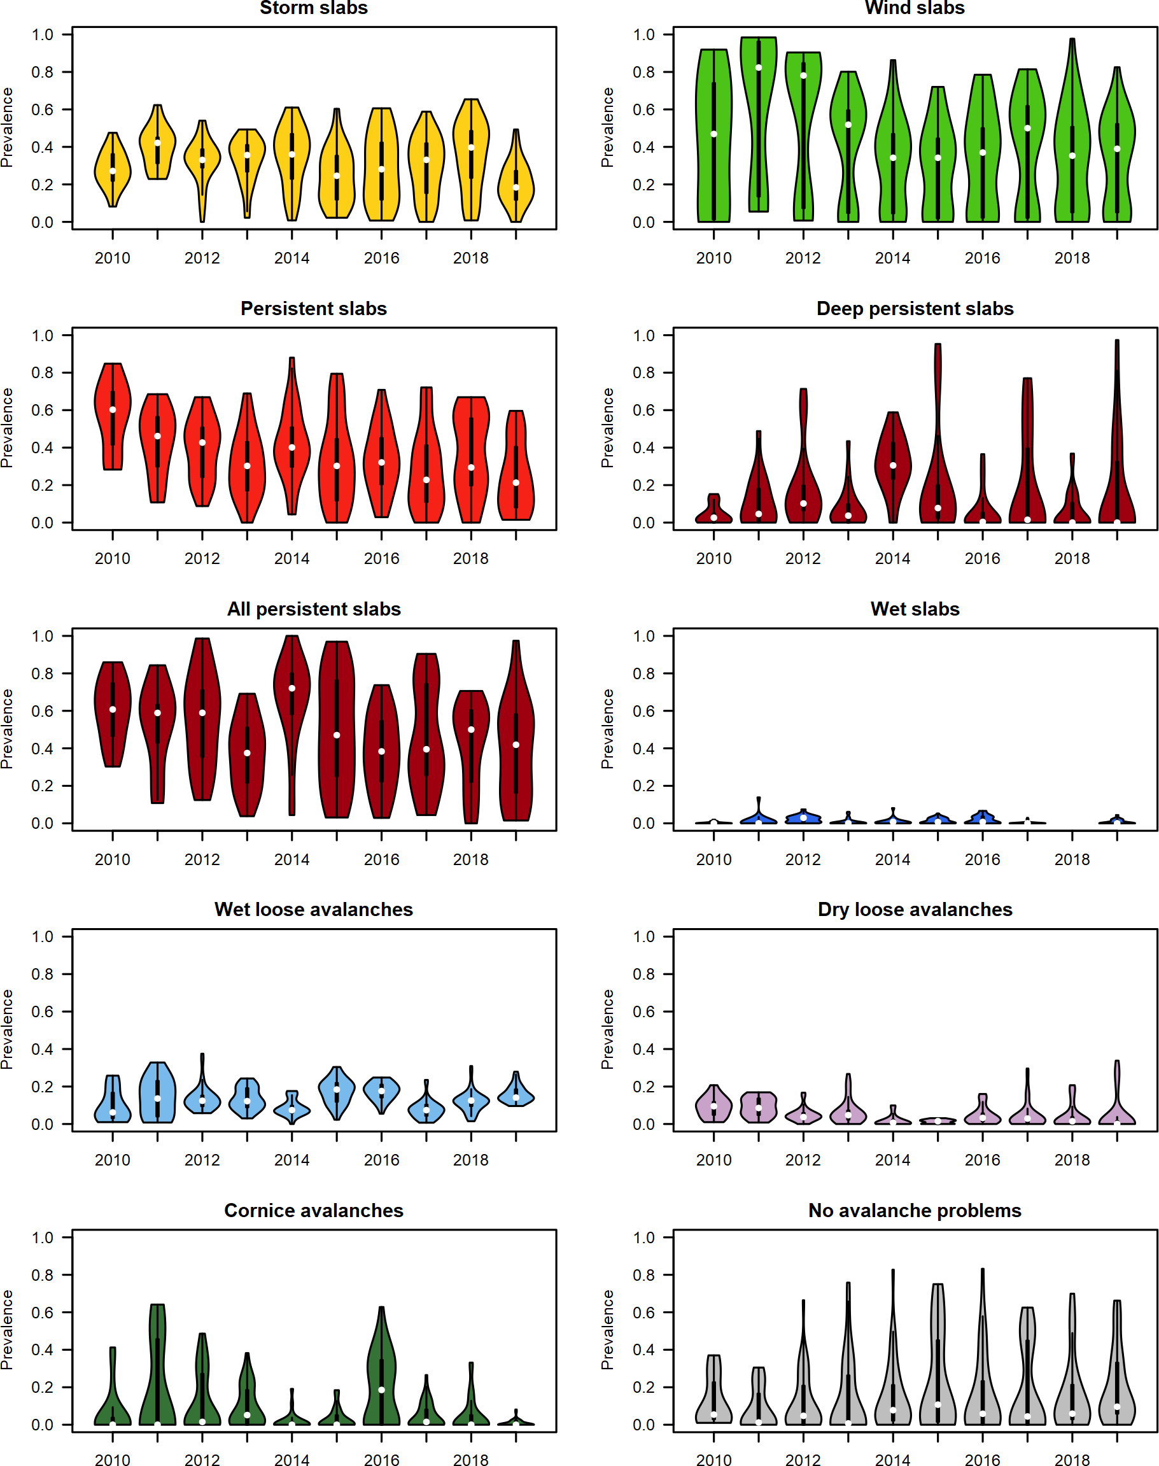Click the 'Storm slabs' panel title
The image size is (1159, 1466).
(314, 8)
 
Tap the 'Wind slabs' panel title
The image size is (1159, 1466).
(914, 8)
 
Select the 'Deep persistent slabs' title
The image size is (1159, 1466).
(914, 309)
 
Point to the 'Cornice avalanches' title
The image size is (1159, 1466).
(314, 1210)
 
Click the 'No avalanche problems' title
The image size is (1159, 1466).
(914, 1210)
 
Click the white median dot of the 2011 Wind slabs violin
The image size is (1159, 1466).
(759, 68)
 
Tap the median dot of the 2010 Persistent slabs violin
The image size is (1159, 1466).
(113, 410)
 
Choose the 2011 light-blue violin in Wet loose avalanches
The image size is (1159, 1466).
(157, 1093)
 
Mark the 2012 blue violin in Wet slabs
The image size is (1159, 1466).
(803, 817)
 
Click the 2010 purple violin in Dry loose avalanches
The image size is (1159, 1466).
(714, 1105)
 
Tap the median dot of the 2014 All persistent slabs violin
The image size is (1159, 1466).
(292, 688)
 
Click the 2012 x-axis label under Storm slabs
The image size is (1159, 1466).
(202, 258)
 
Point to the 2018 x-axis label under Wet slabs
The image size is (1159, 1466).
(1072, 860)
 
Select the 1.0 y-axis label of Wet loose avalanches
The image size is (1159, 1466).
(42, 937)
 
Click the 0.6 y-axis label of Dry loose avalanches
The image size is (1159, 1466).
(643, 1012)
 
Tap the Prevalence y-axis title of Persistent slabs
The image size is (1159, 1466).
(8, 428)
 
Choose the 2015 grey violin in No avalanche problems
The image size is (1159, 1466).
(938, 1357)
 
